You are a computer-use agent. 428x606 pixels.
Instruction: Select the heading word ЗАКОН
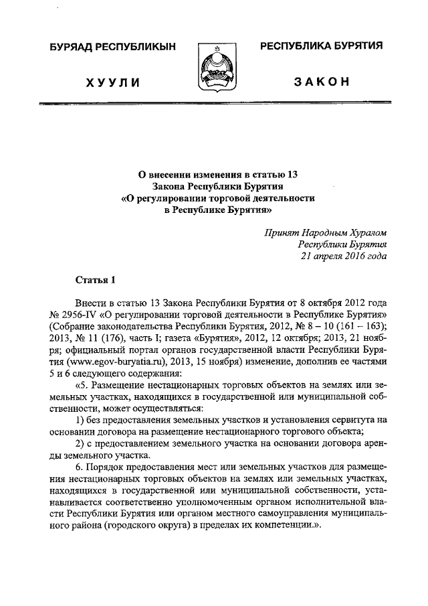(321, 82)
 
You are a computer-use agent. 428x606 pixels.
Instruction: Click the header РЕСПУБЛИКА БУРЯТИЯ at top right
(321, 46)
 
